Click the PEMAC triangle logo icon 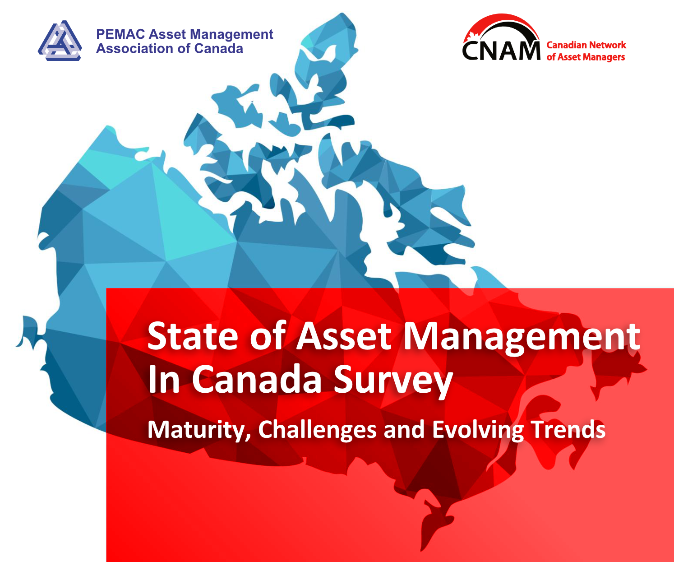point(60,41)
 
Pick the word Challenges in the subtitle point(317,430)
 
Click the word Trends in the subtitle point(568,429)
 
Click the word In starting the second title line point(164,380)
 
